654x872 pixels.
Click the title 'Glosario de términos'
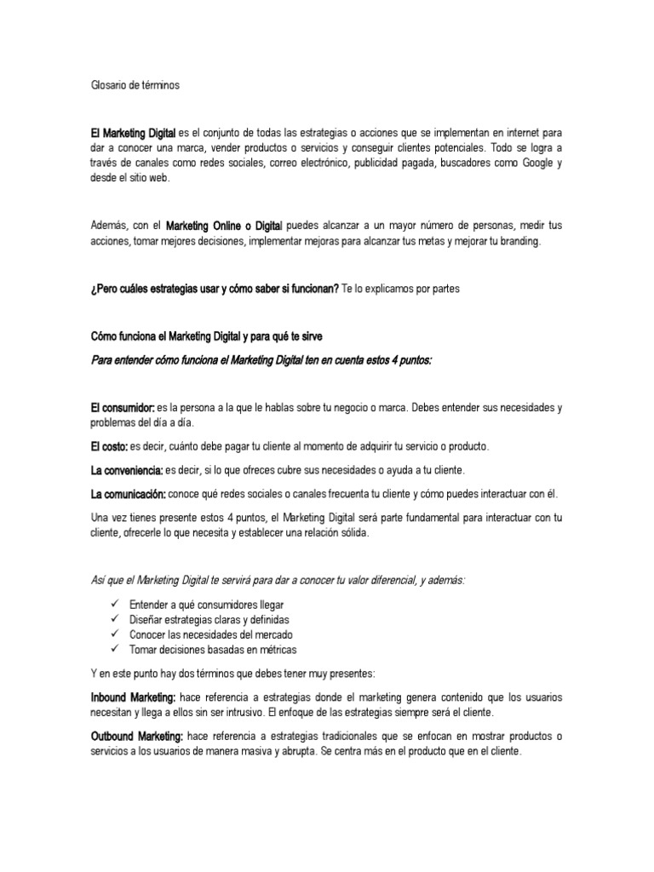coord(135,85)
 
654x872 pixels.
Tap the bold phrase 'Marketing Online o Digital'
coord(224,227)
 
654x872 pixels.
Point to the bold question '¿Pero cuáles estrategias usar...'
coord(215,289)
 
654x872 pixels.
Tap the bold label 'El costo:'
coord(110,446)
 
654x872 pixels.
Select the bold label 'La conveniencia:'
coord(127,470)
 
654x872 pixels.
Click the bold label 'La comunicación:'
coord(128,494)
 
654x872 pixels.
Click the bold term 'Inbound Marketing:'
coord(133,697)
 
